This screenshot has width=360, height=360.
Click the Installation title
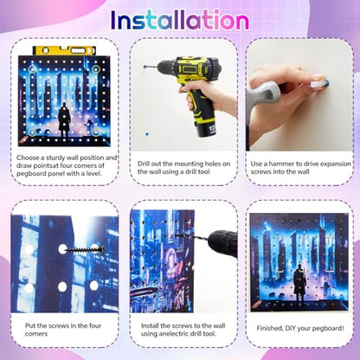(x=180, y=20)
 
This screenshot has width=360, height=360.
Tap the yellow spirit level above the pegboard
(x=64, y=50)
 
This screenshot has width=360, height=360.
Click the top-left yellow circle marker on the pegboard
(x=33, y=69)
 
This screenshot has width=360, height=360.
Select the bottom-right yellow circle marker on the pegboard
(x=96, y=132)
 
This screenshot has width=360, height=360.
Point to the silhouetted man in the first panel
(x=64, y=120)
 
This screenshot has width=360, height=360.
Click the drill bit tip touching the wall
(x=145, y=67)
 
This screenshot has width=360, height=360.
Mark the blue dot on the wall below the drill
(x=147, y=134)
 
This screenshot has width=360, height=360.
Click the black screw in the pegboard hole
(x=84, y=249)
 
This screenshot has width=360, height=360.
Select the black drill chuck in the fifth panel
(x=222, y=243)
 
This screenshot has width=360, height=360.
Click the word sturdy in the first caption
(x=55, y=157)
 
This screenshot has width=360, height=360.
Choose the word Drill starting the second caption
(x=143, y=164)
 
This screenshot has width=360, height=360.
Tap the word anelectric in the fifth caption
(x=174, y=334)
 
